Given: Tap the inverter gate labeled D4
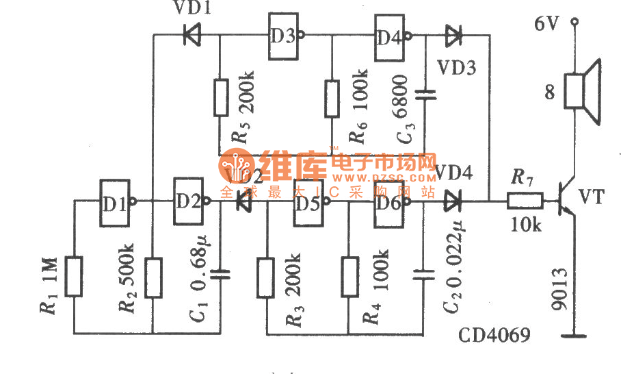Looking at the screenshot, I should tap(388, 36).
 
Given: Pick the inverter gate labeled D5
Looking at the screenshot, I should tap(307, 203).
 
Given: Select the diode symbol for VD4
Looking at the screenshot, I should tap(452, 202).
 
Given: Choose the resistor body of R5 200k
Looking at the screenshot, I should tap(220, 97).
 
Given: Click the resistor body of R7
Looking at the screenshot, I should tap(525, 202).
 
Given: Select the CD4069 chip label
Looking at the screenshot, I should tap(495, 336).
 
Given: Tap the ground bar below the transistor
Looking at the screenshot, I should tap(574, 335).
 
